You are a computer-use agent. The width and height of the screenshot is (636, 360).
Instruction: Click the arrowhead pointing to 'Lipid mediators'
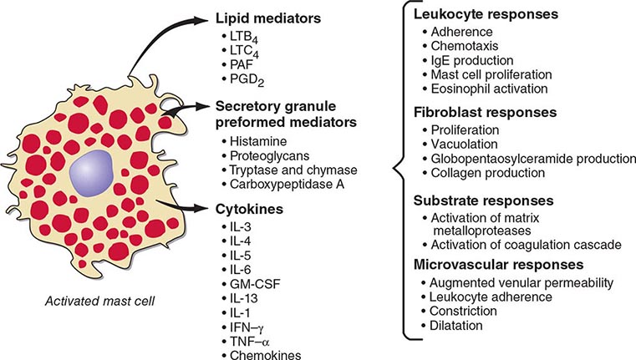pyautogui.click(x=202, y=15)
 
